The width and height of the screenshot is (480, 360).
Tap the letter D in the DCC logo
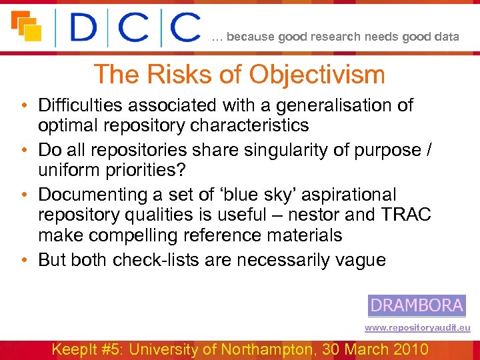point(85,27)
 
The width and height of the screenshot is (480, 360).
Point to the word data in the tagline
point(446,37)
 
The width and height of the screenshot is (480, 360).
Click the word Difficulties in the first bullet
point(78,105)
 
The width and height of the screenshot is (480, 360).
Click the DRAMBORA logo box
point(417,305)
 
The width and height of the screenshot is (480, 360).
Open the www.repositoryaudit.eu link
point(417,328)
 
